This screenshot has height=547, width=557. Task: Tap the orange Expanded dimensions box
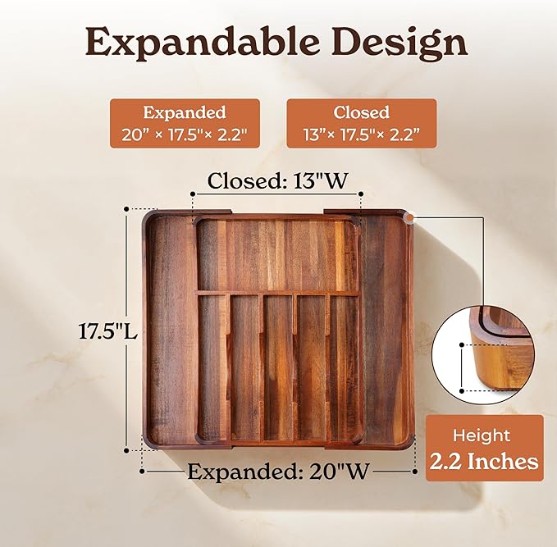tap(184, 123)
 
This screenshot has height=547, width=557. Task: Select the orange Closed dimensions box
tap(360, 123)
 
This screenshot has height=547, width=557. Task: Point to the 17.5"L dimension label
tap(102, 332)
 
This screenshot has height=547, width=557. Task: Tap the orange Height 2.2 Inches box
tap(485, 449)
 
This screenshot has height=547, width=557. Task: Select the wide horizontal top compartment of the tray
tap(277, 255)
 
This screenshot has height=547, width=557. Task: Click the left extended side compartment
tap(171, 328)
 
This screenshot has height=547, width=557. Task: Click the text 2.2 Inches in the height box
tap(485, 462)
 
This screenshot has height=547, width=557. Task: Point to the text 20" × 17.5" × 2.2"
tap(184, 134)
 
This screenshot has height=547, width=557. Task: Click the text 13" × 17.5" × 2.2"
tap(360, 134)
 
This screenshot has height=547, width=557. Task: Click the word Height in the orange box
tap(485, 435)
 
